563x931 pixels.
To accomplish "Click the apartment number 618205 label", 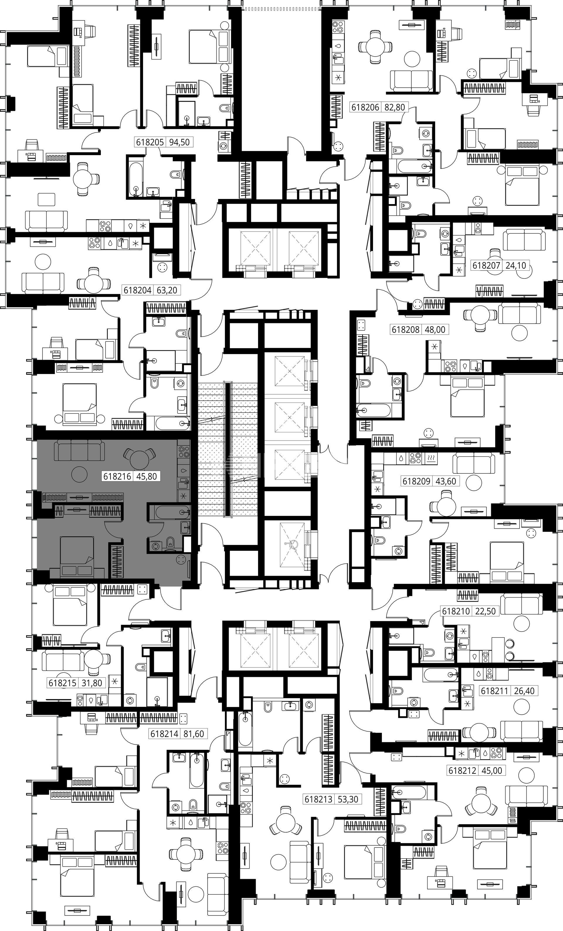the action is tap(150, 142).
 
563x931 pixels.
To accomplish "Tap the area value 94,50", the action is tap(179, 142).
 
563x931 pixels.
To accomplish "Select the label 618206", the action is tap(365, 107).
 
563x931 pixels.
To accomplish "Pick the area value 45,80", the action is tap(146, 476).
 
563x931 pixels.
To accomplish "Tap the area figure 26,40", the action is tap(524, 691).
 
